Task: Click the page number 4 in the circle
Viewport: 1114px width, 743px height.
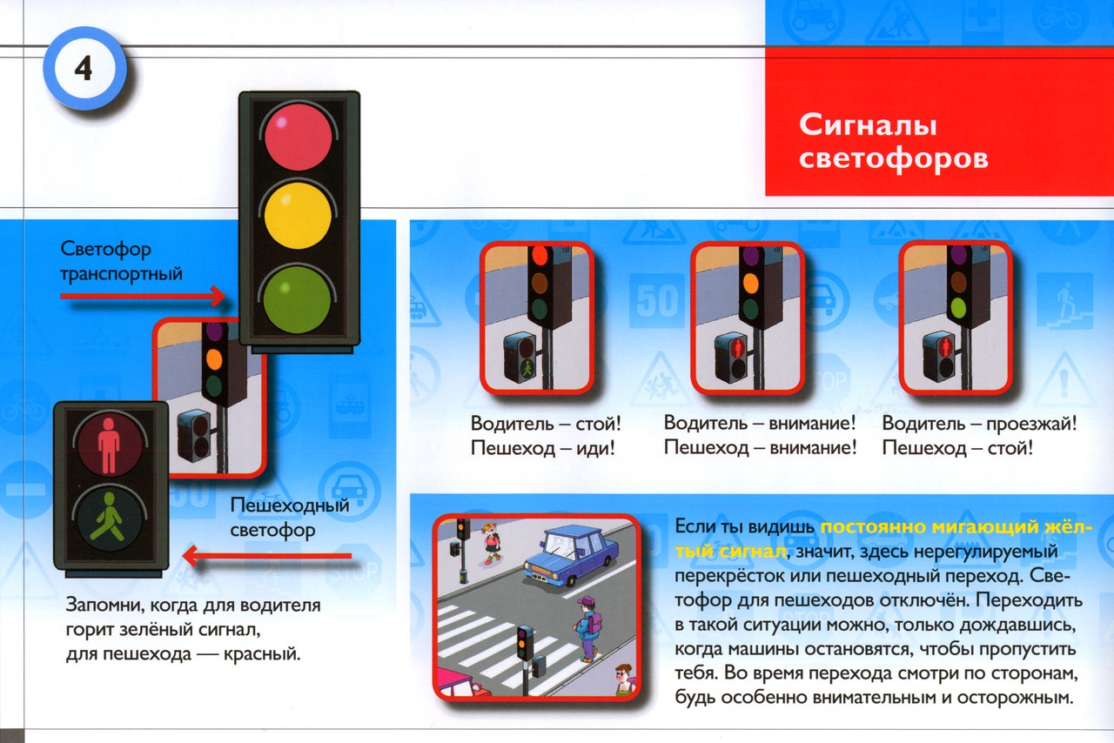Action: [x=84, y=69]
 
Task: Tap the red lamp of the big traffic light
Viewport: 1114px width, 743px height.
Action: [x=298, y=137]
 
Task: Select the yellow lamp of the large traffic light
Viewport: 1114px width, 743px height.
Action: [x=298, y=216]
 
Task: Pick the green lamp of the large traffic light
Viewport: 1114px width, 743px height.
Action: [x=298, y=299]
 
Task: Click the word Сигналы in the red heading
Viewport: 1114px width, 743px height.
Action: [x=868, y=124]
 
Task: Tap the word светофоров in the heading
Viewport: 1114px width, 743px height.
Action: [x=893, y=158]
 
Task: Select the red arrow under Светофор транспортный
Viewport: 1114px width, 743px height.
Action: [x=143, y=297]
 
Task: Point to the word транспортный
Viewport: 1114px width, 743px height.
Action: [x=121, y=274]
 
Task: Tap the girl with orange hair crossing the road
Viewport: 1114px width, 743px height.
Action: [x=491, y=543]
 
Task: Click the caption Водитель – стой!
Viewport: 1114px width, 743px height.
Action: [x=546, y=424]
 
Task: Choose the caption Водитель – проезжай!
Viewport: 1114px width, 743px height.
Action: [x=979, y=424]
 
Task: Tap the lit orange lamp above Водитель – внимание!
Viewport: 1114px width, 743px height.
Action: [x=750, y=284]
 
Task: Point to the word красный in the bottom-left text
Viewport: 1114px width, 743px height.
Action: [x=261, y=653]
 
